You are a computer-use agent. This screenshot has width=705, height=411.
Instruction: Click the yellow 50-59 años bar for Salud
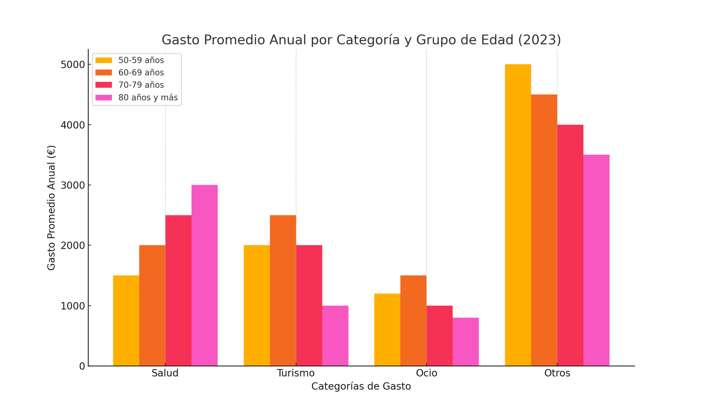coord(126,321)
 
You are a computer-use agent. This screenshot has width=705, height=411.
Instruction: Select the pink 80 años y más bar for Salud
coord(204,275)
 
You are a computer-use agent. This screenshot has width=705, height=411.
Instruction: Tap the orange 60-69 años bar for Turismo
coord(283,290)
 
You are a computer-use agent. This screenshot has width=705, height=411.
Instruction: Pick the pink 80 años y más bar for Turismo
coord(335,336)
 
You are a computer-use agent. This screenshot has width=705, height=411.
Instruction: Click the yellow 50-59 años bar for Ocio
coord(387,330)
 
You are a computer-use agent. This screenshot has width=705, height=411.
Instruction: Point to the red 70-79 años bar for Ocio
coord(439,336)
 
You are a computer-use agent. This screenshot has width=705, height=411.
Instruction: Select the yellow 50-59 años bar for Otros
coord(518,215)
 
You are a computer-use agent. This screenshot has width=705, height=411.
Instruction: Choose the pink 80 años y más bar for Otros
coord(596,260)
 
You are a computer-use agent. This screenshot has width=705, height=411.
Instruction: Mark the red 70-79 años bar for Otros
coord(570,245)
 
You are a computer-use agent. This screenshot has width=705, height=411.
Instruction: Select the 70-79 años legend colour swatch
coord(104,85)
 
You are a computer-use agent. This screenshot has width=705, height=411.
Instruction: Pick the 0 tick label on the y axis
coord(82,366)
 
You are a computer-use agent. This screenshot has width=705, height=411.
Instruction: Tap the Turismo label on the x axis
coord(296,373)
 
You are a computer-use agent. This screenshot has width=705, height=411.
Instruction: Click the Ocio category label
coord(427,373)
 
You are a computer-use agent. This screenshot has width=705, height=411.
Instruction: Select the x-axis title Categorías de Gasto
coord(361,386)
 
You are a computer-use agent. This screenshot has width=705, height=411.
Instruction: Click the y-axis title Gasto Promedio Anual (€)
coord(52,207)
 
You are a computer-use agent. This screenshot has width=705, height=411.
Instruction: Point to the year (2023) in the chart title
coord(539,40)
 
